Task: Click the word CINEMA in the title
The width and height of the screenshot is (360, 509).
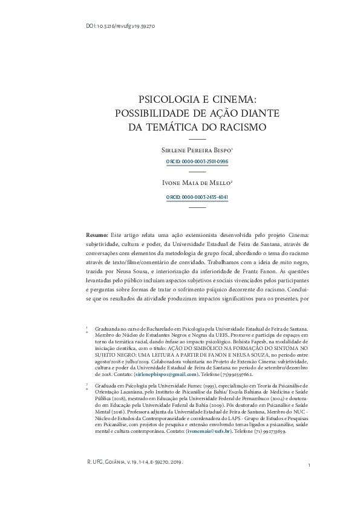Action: (232, 99)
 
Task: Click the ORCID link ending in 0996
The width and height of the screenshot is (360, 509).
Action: (197, 161)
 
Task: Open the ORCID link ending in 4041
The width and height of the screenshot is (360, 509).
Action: (197, 197)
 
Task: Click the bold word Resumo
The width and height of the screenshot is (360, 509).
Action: (97, 233)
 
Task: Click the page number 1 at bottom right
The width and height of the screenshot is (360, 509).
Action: (309, 482)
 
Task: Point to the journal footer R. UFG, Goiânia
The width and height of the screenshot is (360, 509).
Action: (108, 478)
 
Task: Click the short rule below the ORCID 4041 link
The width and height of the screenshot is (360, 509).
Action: (197, 207)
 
